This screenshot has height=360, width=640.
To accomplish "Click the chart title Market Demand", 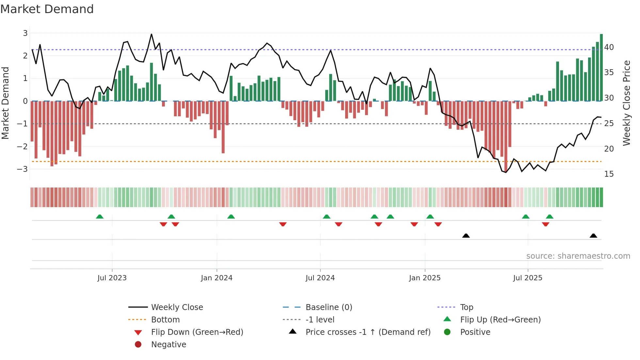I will pos(47,9).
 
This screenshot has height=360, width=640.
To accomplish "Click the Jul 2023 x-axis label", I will pos(112,278).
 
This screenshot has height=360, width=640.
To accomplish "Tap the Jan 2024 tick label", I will pos(216,278).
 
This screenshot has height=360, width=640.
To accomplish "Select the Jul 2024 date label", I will pos(320,278).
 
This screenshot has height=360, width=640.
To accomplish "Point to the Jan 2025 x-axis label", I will pos(424,278).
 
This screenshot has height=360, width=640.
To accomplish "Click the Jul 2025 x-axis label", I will pos(528,278).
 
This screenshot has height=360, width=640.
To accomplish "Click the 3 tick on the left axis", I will pos(25,33).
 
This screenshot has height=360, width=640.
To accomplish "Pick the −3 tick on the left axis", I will pos(23,169).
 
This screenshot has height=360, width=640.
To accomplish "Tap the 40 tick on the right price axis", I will pos(609,47).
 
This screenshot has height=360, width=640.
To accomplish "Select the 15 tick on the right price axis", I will pos(609,174).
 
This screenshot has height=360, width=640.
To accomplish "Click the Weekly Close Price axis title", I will pos(626,103).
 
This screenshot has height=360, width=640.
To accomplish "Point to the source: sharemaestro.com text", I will pos(578,256).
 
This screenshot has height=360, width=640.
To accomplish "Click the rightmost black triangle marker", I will pos(593,236).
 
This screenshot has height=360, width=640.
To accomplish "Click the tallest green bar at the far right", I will pos(601,67).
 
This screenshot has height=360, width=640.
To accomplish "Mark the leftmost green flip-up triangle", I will pos(100,217).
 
